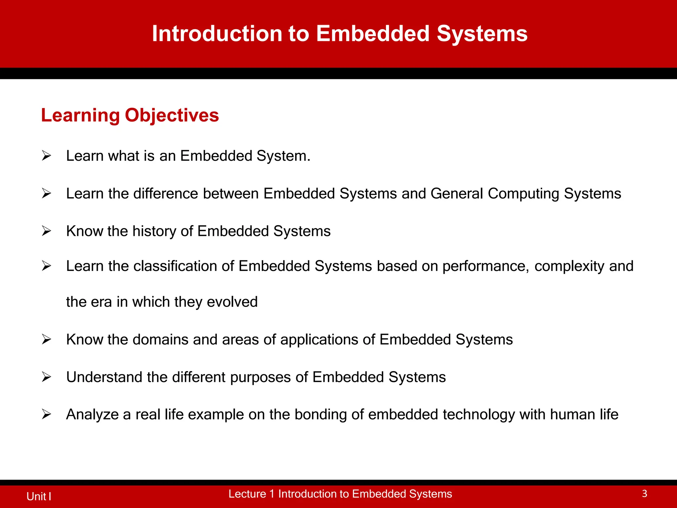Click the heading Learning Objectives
point(130,115)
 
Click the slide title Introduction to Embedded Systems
point(339,34)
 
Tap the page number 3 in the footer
point(644,493)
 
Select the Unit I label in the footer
point(39,496)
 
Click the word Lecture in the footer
point(247,494)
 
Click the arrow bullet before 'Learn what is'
point(46,155)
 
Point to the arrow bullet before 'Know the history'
point(46,231)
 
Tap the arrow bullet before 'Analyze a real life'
point(46,414)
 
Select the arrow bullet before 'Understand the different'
point(46,377)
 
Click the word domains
point(160,340)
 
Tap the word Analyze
point(92,415)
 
